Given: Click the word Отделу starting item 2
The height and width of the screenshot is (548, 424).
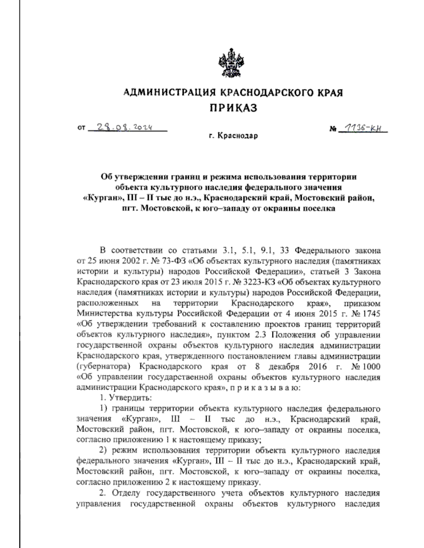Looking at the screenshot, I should tap(126, 493).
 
